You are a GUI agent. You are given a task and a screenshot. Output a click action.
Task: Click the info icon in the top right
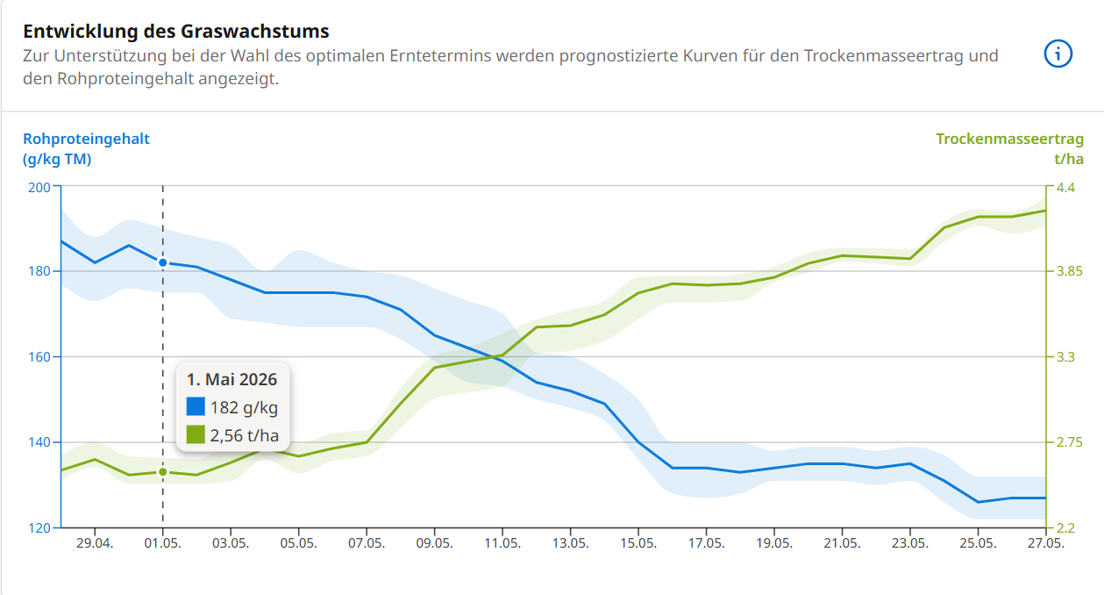[x=1058, y=54]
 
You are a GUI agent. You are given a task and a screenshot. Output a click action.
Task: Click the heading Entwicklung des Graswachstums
[x=176, y=32]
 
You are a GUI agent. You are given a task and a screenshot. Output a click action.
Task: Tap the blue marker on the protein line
[x=162, y=262]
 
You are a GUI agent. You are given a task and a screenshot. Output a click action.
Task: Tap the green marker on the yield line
[x=162, y=472]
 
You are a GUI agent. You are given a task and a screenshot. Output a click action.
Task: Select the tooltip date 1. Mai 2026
[x=232, y=380]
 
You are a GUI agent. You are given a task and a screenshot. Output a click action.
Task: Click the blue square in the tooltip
[x=196, y=407]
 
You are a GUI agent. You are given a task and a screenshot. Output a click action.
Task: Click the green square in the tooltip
[x=196, y=434]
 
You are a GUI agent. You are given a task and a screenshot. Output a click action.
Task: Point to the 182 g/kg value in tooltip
[x=245, y=407]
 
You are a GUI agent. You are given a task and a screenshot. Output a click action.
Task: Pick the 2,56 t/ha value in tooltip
[x=245, y=434]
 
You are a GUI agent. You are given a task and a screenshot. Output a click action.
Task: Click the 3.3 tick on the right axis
[x=1065, y=357]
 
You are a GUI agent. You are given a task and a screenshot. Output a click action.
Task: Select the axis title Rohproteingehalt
[x=86, y=139]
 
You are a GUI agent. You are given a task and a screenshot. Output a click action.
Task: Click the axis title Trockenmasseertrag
[x=1009, y=139]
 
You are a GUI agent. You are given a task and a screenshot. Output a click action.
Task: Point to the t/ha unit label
[x=1069, y=159]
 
